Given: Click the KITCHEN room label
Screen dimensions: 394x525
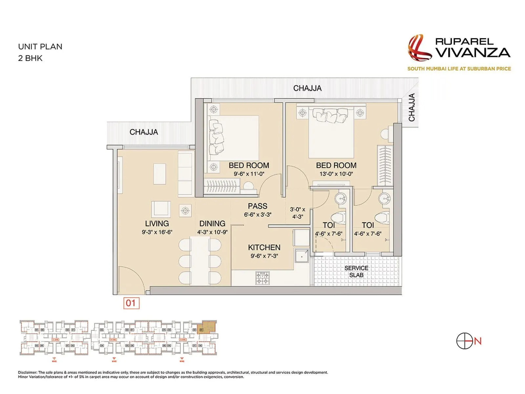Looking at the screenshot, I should tap(264, 248).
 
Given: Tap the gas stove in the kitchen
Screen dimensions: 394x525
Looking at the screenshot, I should tap(262, 278).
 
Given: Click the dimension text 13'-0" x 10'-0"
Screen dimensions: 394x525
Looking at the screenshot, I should tap(336, 174).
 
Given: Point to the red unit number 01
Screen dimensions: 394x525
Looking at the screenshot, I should tap(131, 303).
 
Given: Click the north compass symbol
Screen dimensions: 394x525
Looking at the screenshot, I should tap(465, 341).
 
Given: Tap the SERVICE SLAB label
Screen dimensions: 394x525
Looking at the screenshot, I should tap(356, 272).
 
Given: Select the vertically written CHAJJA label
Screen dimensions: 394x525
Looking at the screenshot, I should tap(412, 107).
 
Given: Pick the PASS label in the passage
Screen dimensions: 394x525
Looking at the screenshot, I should tap(258, 206).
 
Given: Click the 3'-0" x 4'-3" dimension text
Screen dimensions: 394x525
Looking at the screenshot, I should tap(298, 213).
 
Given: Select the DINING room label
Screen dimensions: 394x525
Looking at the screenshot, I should tap(212, 224).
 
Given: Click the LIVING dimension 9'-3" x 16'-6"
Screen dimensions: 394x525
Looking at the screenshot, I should tap(157, 232).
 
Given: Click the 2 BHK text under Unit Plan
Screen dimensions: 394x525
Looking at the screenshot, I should tap(30, 58).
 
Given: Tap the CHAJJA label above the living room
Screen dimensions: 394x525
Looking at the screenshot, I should tap(144, 132).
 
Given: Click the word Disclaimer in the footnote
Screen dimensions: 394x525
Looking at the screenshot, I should tap(28, 372).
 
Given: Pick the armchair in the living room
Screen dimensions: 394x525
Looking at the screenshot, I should tap(161, 209).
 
